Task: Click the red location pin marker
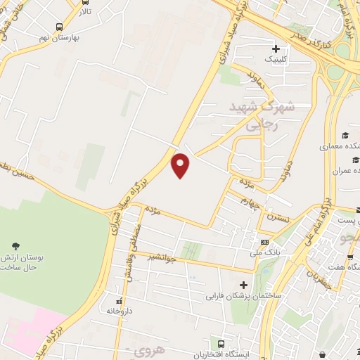click(181, 165)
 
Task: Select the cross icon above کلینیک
click(276, 50)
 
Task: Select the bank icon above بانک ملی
click(264, 241)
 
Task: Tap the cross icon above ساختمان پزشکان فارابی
click(244, 285)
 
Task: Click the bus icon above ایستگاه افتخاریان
click(222, 344)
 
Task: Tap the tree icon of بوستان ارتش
click(15, 245)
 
